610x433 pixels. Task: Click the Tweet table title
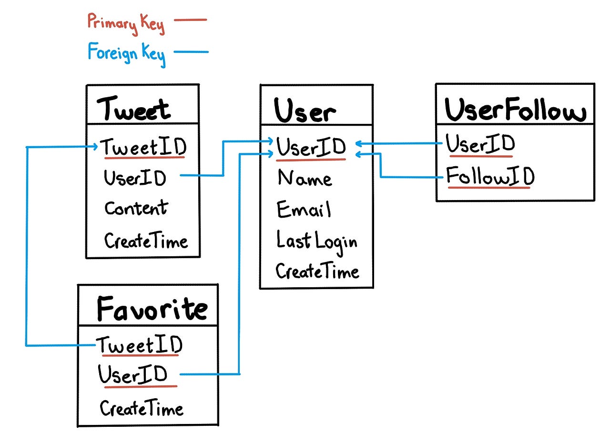point(134,109)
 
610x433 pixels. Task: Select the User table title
point(305,111)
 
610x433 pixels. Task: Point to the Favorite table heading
point(152,308)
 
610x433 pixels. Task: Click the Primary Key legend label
point(126,23)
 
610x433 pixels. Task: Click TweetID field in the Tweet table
point(143,147)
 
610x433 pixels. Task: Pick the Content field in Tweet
point(136,208)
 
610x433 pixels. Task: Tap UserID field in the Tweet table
point(135,178)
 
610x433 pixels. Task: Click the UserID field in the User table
point(311,147)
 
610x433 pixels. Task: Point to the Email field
point(304,209)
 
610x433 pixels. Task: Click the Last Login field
point(316,241)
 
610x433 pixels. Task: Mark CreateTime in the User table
point(317,271)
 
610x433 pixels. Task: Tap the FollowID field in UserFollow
point(490,177)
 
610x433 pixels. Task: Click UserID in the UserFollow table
point(480,144)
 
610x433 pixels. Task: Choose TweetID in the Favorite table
point(140,345)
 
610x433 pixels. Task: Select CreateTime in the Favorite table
point(142,408)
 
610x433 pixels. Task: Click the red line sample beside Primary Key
point(190,20)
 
